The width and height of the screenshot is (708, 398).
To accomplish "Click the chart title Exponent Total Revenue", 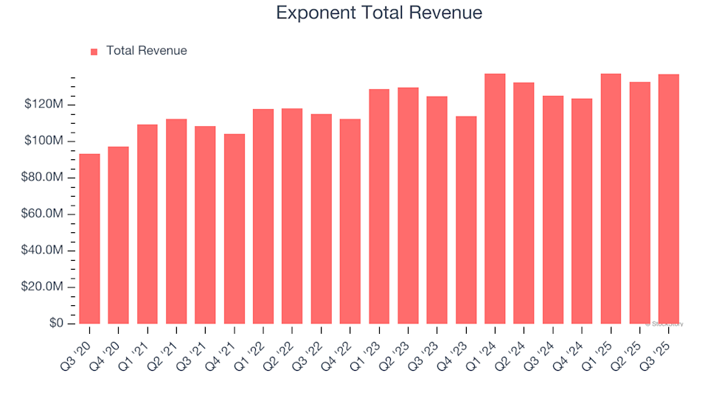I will coord(379,13).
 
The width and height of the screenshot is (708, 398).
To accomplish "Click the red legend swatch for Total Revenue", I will coord(94,52).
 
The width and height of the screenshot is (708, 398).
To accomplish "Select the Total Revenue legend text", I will coord(146,51).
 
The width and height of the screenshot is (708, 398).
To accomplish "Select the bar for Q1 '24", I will coord(495,199).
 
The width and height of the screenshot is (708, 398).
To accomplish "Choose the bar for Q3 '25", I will coord(669,199).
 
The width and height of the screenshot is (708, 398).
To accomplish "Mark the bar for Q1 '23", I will coord(379,206).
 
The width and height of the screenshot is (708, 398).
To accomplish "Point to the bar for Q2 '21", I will coord(176,221).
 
